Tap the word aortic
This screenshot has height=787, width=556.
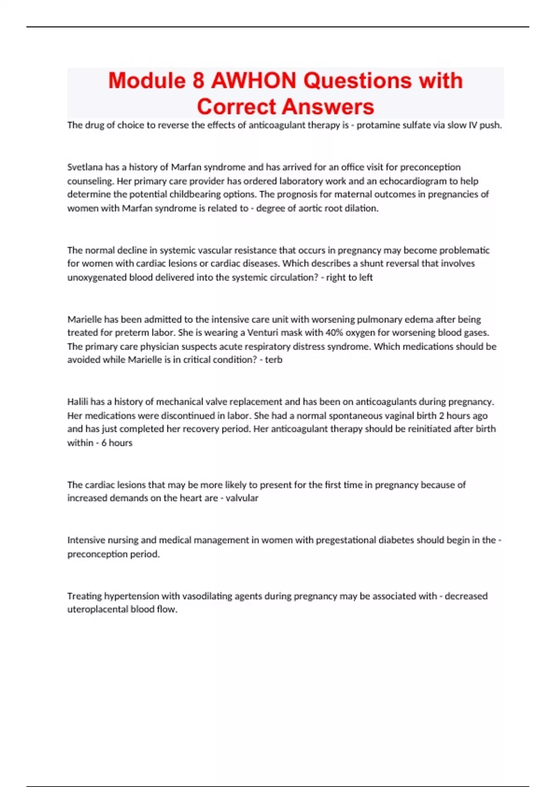coord(311,208)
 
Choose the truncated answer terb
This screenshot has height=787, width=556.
coord(273,360)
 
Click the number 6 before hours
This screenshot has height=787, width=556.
coord(104,443)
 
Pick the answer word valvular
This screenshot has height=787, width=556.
coord(242,498)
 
